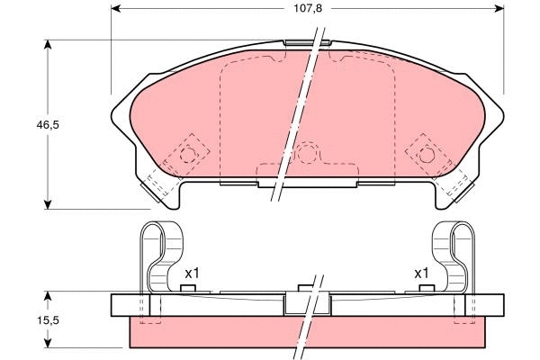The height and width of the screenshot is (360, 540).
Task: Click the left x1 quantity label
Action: (192, 273)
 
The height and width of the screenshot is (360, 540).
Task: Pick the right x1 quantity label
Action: (420, 273)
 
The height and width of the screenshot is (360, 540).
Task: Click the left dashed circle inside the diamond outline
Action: (189, 153)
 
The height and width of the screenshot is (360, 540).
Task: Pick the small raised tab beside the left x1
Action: (188, 288)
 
